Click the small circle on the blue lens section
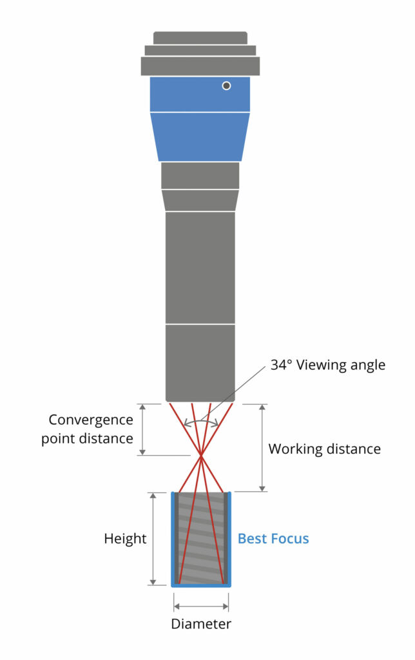click(x=226, y=86)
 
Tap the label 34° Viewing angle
click(x=327, y=365)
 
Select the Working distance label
click(x=324, y=449)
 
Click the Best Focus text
click(x=273, y=538)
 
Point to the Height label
click(x=125, y=538)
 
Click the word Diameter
click(x=200, y=624)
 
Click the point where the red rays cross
click(x=201, y=456)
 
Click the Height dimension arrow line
click(x=153, y=538)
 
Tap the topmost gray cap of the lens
click(x=200, y=37)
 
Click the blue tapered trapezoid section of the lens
click(x=200, y=136)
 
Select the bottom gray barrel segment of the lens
click(x=200, y=362)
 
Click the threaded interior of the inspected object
click(x=200, y=538)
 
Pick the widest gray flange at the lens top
click(x=200, y=66)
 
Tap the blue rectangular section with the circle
click(x=187, y=94)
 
